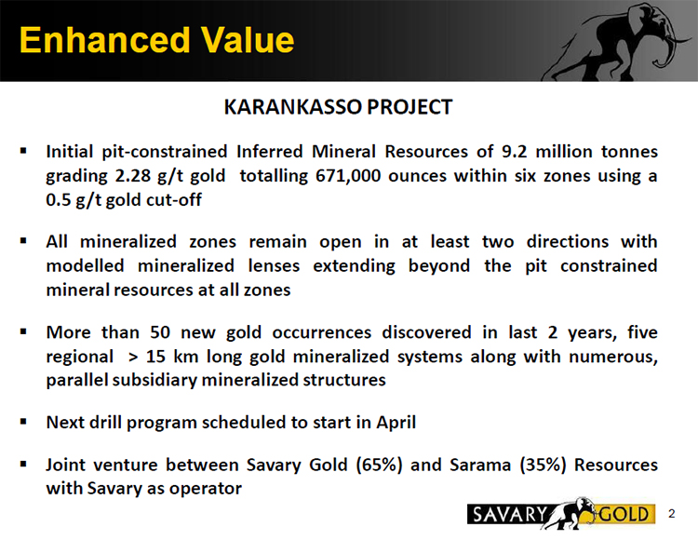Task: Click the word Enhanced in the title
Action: (x=105, y=40)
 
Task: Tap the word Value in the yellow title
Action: (x=247, y=40)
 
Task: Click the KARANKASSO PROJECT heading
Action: (x=339, y=107)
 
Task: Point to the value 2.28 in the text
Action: (x=133, y=176)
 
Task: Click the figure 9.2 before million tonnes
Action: (x=514, y=152)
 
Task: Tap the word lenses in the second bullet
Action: (x=274, y=265)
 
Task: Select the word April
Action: (x=396, y=423)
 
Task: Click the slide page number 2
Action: (x=672, y=514)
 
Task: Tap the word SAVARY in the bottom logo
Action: (x=509, y=515)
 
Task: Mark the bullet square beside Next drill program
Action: (x=23, y=421)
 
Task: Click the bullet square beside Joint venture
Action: (x=23, y=464)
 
